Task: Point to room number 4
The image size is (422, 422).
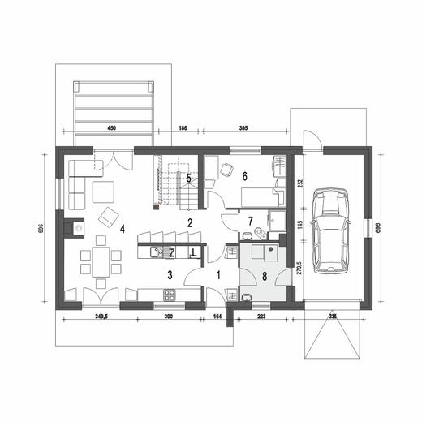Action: point(122,230)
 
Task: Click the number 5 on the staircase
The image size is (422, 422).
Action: point(188,177)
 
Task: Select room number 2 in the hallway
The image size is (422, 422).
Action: point(190,222)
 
